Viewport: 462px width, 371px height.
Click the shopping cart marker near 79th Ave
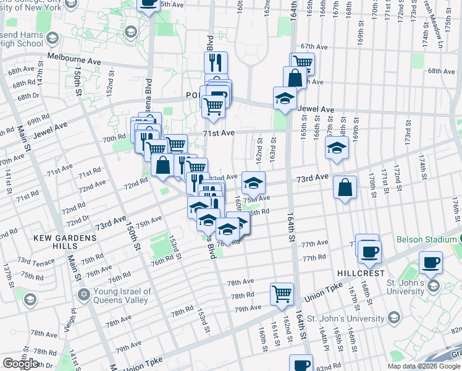point(282,293)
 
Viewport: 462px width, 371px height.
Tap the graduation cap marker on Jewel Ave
point(285,97)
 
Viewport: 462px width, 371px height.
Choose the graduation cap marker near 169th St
point(337,147)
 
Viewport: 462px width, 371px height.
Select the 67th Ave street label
point(313,46)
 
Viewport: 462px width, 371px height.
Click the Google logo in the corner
point(20,364)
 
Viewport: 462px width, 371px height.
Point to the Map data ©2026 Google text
point(424,366)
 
